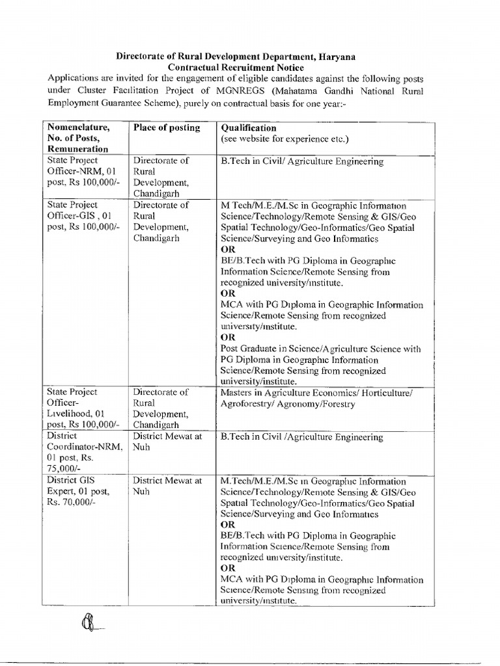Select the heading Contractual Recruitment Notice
coord(235,68)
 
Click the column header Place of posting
coord(167,128)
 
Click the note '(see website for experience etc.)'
coord(285,139)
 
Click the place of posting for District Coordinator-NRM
coord(167,442)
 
